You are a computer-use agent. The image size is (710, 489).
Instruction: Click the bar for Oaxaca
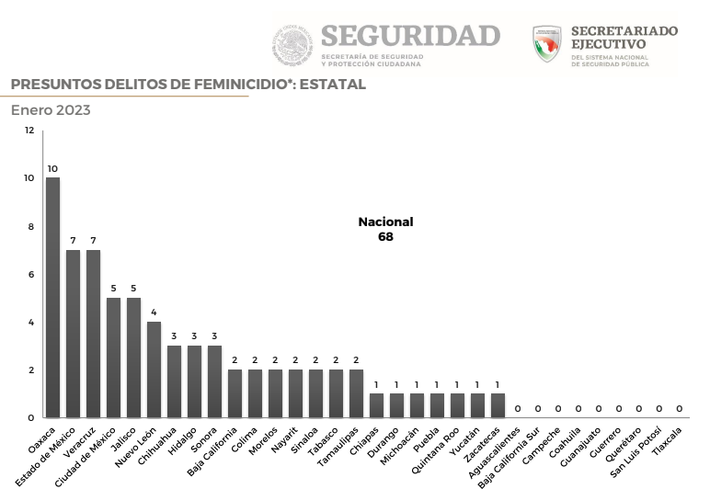[52, 298]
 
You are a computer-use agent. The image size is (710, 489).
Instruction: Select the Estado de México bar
[73, 334]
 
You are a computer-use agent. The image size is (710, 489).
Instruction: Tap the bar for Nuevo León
[154, 370]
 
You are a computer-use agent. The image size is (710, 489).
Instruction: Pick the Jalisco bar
[133, 358]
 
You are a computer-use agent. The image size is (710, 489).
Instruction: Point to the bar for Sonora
[214, 381]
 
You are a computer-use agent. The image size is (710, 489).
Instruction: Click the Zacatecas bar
[498, 405]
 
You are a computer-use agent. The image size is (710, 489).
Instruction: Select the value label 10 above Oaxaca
[52, 168]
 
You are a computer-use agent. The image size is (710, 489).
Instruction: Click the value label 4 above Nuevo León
[154, 313]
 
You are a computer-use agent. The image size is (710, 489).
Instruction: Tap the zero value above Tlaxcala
[680, 408]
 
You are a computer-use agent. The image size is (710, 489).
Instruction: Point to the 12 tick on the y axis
[29, 131]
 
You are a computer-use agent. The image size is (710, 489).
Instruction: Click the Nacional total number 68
[386, 237]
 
